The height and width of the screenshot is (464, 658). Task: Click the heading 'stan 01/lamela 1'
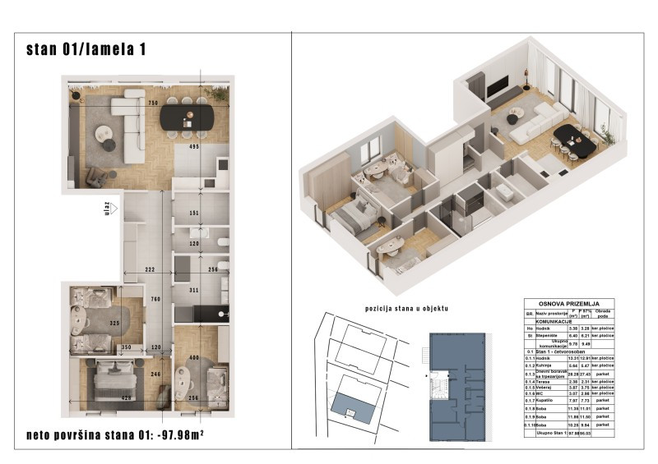click(86, 49)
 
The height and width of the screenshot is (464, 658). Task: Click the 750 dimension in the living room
click(152, 103)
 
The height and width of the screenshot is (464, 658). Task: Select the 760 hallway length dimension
click(155, 299)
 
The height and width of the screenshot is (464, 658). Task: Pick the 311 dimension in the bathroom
click(194, 290)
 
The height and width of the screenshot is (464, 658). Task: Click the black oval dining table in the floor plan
click(186, 116)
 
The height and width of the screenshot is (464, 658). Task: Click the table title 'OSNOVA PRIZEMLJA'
click(568, 303)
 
